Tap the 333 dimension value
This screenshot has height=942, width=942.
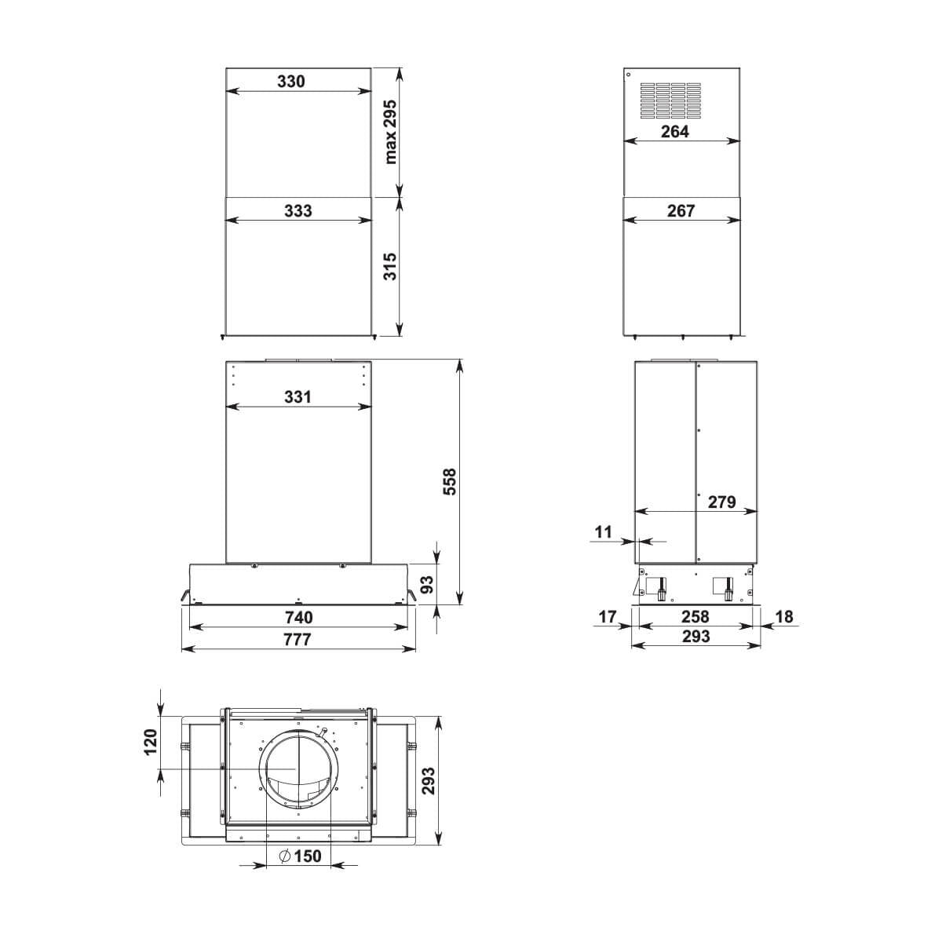tap(298, 210)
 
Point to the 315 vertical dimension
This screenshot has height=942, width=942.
tap(390, 266)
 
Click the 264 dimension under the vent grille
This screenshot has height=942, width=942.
tap(674, 132)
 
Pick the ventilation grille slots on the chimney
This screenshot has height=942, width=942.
tap(672, 100)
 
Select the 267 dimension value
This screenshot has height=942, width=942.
tap(681, 210)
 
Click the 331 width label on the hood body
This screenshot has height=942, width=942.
tap(298, 396)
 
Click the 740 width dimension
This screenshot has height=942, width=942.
tap(298, 617)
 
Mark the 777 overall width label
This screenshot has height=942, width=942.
tap(298, 639)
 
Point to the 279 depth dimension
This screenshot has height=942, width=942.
tap(721, 501)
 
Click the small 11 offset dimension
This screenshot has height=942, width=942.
tap(603, 531)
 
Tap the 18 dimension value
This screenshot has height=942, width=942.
tap(783, 617)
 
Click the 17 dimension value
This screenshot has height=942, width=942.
tap(608, 617)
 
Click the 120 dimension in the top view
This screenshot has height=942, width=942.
tap(152, 741)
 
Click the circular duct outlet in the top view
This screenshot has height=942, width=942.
tap(298, 768)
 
